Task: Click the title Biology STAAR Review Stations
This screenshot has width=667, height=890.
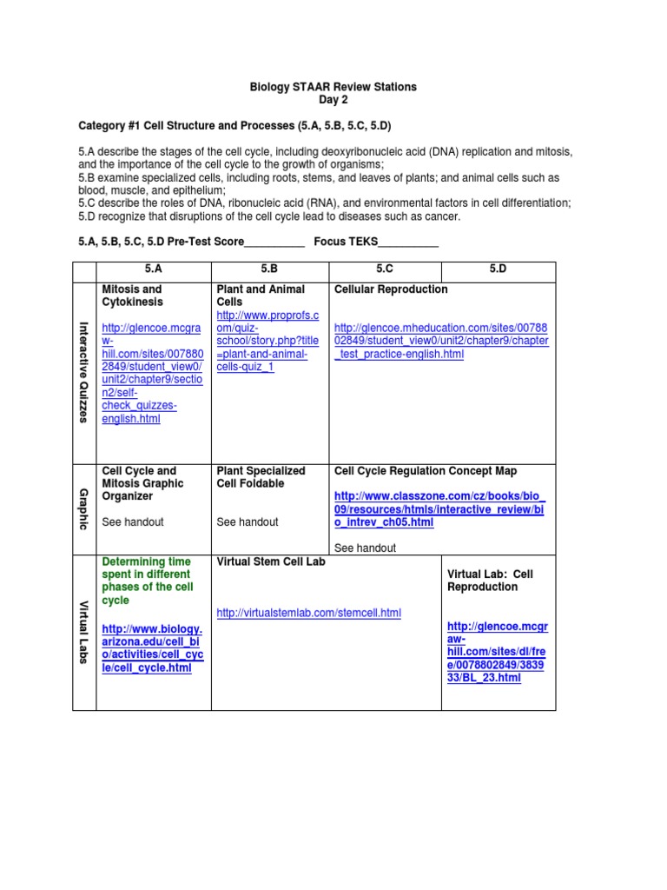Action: click(333, 87)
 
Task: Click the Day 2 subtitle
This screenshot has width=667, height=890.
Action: click(333, 100)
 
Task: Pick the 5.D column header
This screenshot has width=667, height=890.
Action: click(499, 270)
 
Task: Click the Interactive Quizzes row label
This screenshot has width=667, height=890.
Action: click(84, 372)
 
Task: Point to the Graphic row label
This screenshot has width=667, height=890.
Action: click(84, 509)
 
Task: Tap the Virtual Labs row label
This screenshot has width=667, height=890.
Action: click(84, 633)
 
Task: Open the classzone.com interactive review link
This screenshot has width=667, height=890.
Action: click(440, 509)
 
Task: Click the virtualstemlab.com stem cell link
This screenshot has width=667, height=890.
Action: click(308, 613)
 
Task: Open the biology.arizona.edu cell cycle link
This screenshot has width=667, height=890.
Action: click(152, 648)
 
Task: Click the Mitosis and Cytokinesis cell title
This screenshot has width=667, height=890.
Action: click(132, 295)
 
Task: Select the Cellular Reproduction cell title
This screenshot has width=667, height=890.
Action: click(391, 289)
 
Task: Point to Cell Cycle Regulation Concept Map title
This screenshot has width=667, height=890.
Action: click(425, 471)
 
